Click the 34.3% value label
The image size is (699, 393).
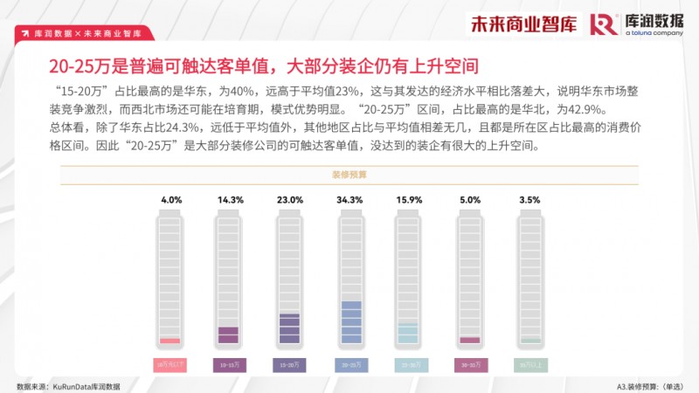[349, 200]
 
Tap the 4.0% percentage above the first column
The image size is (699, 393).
[171, 200]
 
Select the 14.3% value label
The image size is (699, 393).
[229, 200]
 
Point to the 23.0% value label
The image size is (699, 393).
[289, 200]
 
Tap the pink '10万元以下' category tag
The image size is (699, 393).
[170, 364]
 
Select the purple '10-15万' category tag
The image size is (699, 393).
[229, 364]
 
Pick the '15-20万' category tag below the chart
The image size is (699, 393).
[289, 364]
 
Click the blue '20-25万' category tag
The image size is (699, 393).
[349, 364]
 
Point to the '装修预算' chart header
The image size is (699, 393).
[349, 175]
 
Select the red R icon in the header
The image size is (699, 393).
[604, 24]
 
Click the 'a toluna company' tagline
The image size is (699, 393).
[654, 33]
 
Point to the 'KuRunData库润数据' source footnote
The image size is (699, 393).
[68, 385]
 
